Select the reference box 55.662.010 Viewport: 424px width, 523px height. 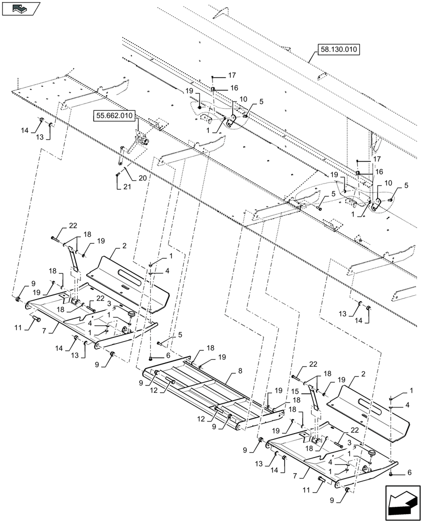114,115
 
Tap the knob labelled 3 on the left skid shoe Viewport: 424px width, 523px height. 131,313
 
